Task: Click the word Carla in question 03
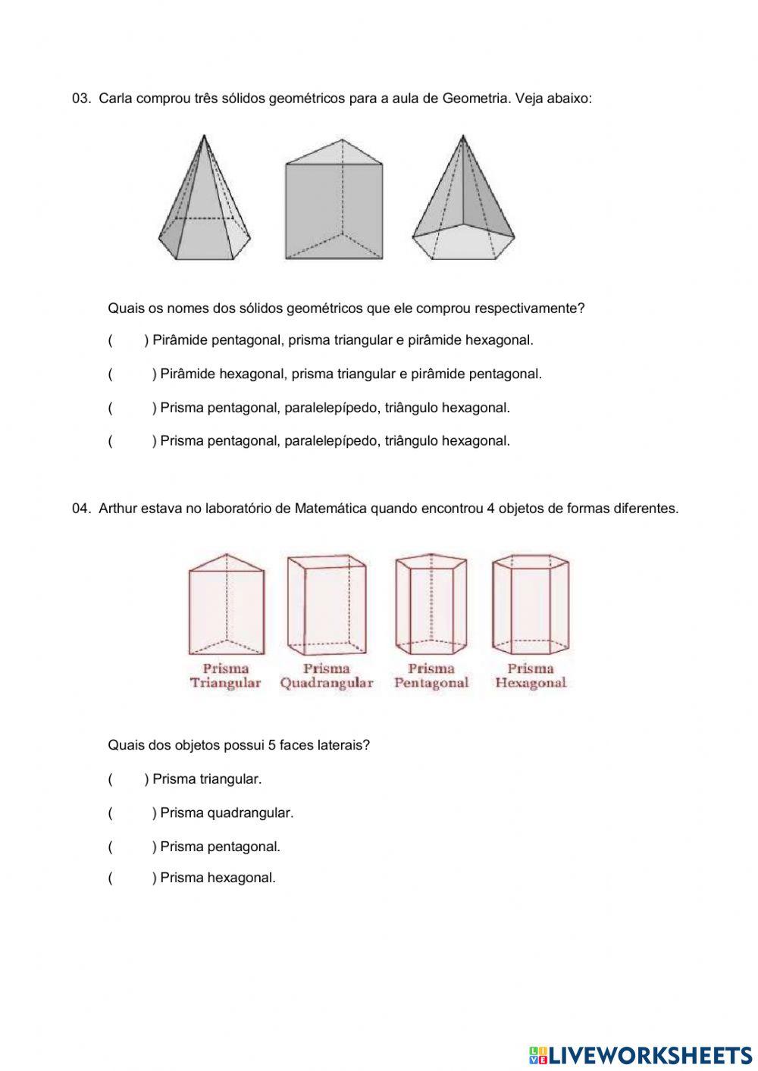pyautogui.click(x=115, y=99)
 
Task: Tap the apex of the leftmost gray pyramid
pyautogui.click(x=204, y=136)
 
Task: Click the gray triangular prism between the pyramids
pyautogui.click(x=334, y=201)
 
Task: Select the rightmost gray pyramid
pyautogui.click(x=463, y=201)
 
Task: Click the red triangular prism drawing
pyautogui.click(x=225, y=604)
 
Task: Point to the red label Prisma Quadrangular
pyautogui.click(x=327, y=675)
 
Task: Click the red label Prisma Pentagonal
pyautogui.click(x=431, y=675)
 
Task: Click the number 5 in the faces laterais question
pyautogui.click(x=271, y=745)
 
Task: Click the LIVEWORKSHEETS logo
pyautogui.click(x=641, y=1054)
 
